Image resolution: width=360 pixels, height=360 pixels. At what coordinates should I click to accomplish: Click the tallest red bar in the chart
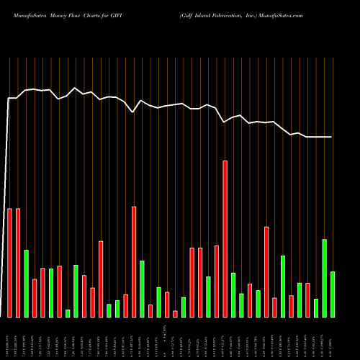[225, 238]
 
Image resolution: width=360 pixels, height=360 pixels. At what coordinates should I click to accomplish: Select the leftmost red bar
[9, 263]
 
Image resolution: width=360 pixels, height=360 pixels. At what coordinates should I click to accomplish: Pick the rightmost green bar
[332, 294]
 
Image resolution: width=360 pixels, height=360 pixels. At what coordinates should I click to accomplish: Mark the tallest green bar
[324, 278]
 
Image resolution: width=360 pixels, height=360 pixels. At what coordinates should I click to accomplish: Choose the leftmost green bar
[26, 283]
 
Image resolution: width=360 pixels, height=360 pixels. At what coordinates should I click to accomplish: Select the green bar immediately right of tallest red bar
[233, 294]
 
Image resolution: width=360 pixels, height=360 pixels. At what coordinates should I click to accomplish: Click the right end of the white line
[332, 137]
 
